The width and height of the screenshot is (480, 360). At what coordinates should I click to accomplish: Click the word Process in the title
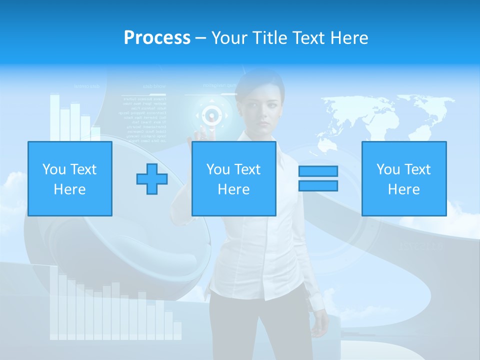(x=157, y=37)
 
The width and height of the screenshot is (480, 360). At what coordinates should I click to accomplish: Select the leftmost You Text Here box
(x=70, y=178)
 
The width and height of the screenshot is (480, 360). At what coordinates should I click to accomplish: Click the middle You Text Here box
(x=234, y=178)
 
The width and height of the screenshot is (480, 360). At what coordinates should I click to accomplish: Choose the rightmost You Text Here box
(x=404, y=178)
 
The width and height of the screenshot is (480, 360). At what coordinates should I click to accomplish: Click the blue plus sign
(x=152, y=179)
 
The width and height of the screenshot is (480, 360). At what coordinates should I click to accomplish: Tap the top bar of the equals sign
(x=318, y=171)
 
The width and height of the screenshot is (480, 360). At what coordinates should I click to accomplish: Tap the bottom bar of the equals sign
(x=318, y=185)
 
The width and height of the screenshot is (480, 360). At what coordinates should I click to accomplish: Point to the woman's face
(x=263, y=108)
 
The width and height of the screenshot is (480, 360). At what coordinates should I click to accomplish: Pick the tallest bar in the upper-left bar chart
(x=54, y=117)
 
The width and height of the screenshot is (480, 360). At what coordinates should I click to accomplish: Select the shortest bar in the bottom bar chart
(x=177, y=330)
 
